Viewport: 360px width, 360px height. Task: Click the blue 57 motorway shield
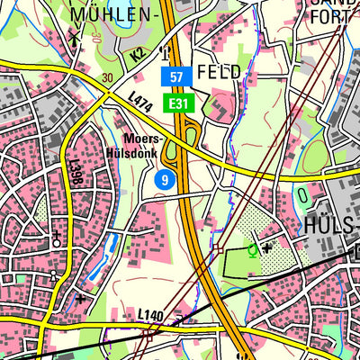(176, 77)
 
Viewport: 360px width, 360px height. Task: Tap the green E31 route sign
(176, 103)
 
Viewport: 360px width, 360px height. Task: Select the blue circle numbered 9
(163, 181)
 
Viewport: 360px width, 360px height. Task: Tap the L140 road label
(150, 314)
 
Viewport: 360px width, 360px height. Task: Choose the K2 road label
(138, 55)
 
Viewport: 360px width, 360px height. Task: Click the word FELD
(219, 72)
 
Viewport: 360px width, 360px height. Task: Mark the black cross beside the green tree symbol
(267, 246)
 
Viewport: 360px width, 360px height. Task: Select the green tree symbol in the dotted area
(253, 249)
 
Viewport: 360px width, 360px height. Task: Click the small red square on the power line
(217, 250)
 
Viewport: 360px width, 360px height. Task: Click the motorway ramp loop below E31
(192, 136)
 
